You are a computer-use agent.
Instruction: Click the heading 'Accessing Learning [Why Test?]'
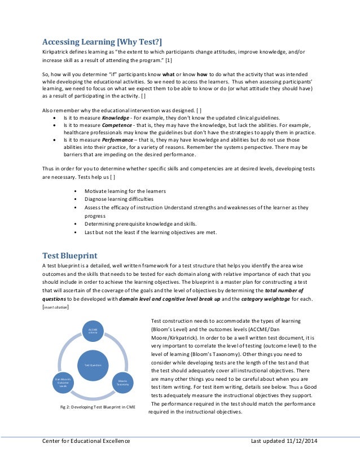point(102,41)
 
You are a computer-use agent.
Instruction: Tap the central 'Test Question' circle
point(92,365)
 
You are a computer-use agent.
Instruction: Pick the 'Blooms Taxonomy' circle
point(123,383)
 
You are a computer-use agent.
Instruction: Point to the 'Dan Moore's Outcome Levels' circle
point(63,382)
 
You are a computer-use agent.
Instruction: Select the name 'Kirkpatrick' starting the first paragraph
point(56,52)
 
